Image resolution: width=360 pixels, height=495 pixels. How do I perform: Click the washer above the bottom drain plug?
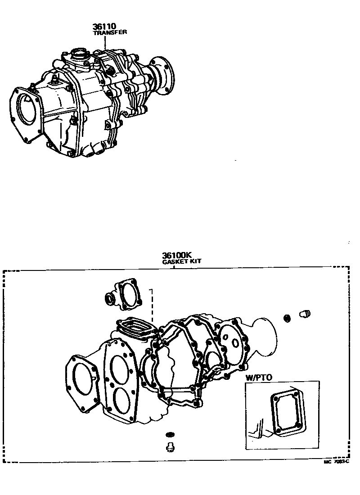(170, 434)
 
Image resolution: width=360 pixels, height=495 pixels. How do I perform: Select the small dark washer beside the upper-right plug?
(287, 319)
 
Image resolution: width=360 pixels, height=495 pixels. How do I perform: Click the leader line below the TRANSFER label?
(105, 43)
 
